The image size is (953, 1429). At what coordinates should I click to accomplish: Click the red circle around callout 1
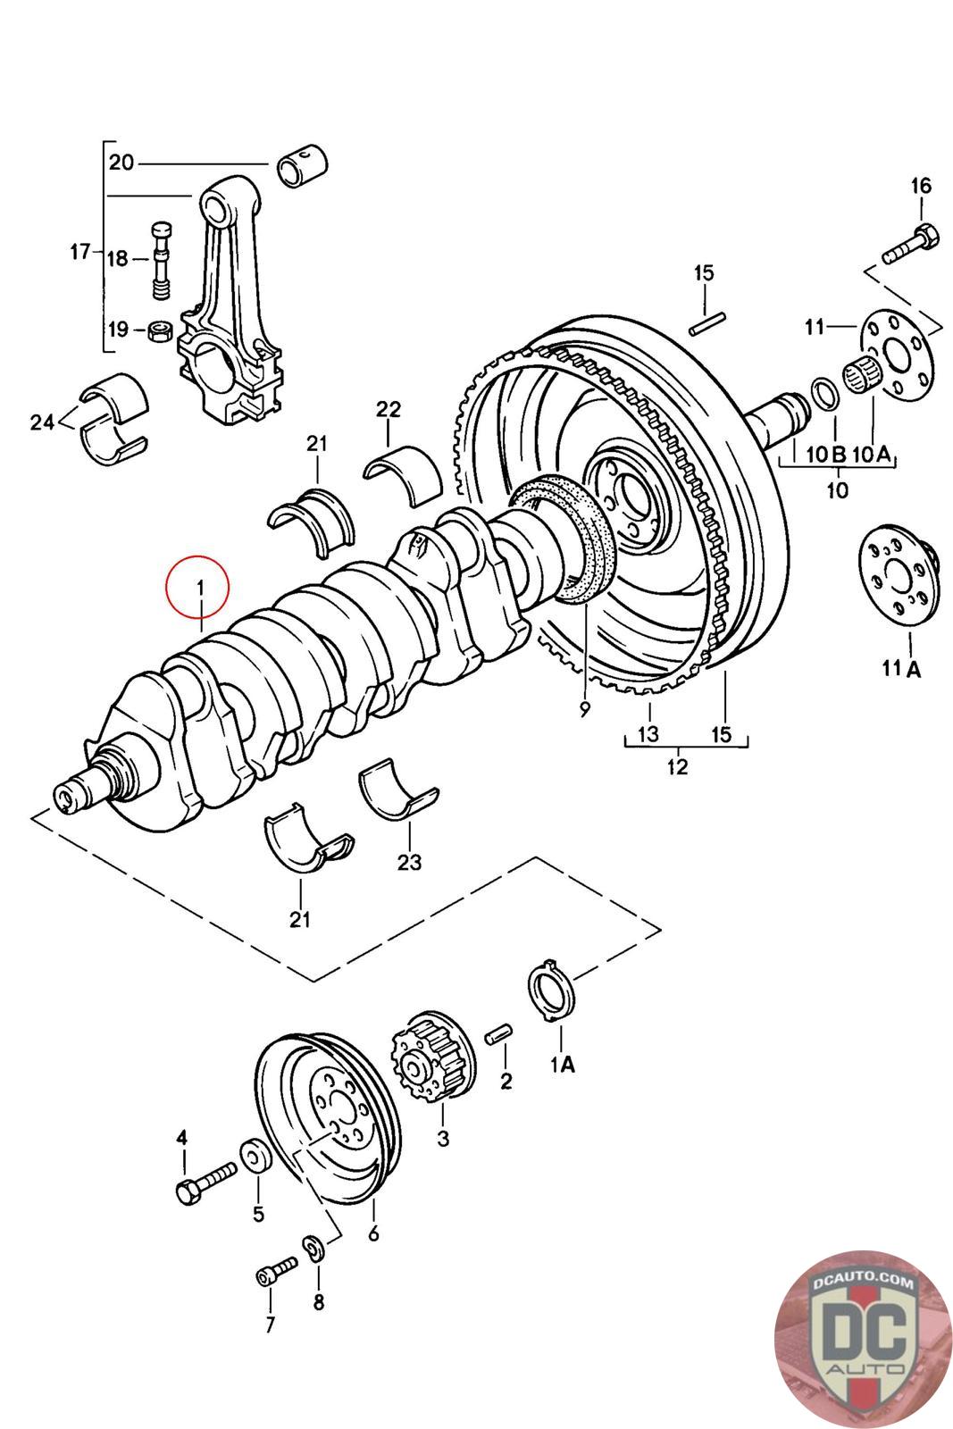[x=166, y=587]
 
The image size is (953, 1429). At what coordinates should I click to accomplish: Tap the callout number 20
[x=121, y=163]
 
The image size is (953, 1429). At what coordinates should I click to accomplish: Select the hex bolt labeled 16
[x=910, y=244]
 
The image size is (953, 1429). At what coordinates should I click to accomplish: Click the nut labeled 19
[x=159, y=330]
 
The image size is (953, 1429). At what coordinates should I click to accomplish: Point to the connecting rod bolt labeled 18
[x=163, y=260]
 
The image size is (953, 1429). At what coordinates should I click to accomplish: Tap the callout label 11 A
[x=901, y=668]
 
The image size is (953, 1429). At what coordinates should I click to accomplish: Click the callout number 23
[x=409, y=863]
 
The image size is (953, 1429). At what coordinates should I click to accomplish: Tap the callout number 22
[x=389, y=409]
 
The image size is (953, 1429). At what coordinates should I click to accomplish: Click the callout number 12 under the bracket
[x=677, y=766]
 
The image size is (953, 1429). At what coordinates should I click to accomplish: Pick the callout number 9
[x=584, y=709]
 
